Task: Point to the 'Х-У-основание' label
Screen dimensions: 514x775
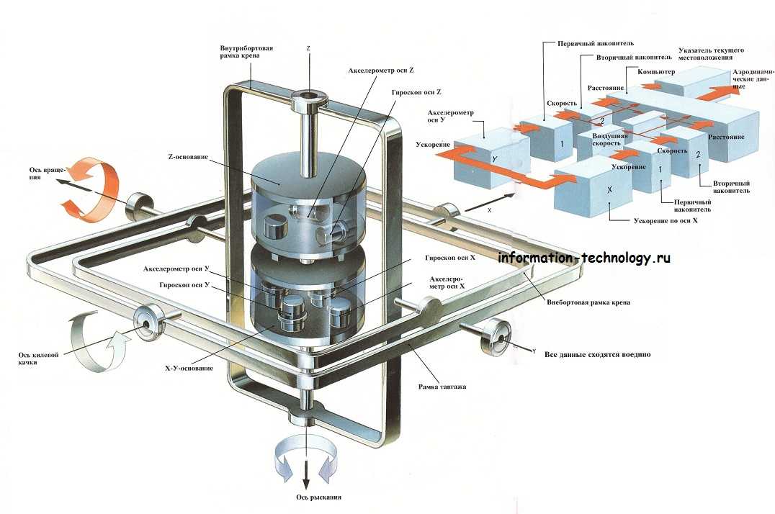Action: click(x=189, y=369)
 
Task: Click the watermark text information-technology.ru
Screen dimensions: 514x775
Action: click(x=584, y=258)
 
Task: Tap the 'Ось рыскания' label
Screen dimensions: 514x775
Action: click(x=318, y=497)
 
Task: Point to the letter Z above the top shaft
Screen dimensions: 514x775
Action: click(x=308, y=49)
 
